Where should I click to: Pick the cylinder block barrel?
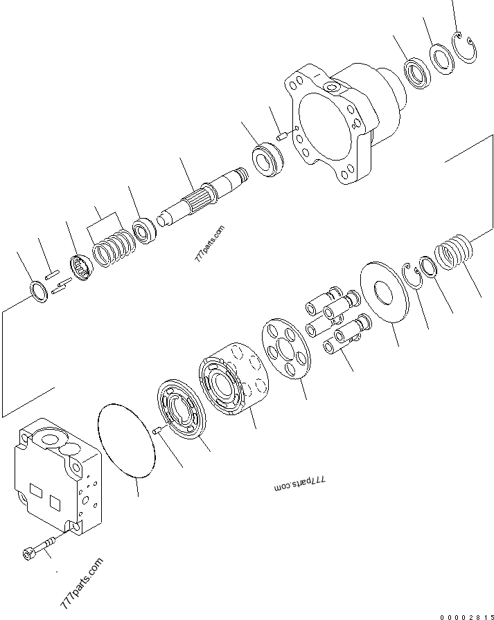(231, 377)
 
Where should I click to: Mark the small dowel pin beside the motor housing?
(282, 137)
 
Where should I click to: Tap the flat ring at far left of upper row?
(40, 292)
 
